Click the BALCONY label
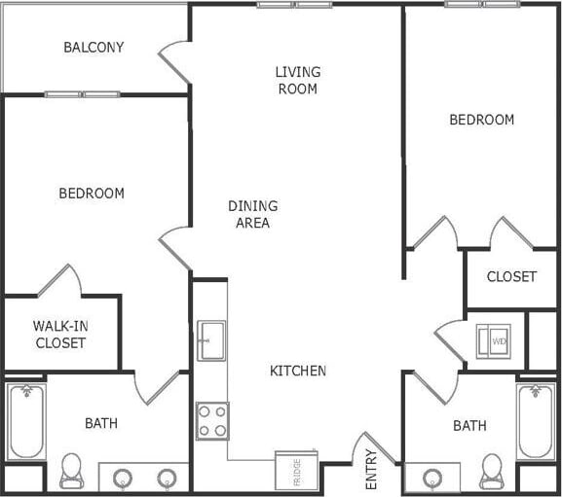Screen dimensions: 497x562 [x=94, y=47]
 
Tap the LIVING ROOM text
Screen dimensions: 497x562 [x=297, y=80]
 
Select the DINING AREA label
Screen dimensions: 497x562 [x=252, y=214]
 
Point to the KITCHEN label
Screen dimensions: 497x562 [x=298, y=371]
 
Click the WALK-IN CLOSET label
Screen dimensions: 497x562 [x=60, y=335]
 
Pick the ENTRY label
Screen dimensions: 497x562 [x=371, y=469]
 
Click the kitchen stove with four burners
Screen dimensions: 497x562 [x=212, y=421]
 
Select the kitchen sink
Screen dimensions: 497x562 [x=211, y=340]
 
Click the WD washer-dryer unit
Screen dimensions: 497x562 [x=495, y=341]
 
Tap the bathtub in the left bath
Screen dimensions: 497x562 [x=26, y=422]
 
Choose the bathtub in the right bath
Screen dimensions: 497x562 [x=536, y=422]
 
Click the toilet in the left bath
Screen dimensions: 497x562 [x=71, y=470]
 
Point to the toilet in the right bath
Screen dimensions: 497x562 [x=492, y=472]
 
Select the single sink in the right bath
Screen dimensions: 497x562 [x=431, y=479]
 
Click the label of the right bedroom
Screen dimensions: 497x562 [x=481, y=120]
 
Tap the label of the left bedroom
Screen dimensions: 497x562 [x=92, y=193]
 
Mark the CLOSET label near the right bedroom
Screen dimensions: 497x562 [x=511, y=276]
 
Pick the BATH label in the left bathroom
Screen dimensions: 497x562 [x=101, y=423]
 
